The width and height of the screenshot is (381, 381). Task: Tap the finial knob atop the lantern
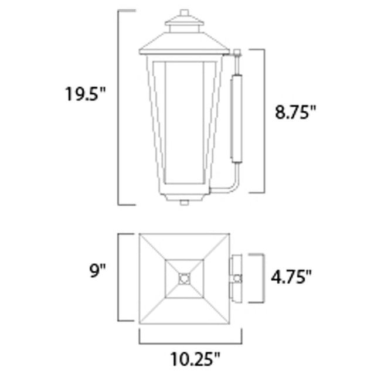pyautogui.click(x=184, y=12)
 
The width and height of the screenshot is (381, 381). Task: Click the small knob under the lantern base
pyautogui.click(x=184, y=203)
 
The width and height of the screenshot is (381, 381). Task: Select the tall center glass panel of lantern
pyautogui.click(x=184, y=123)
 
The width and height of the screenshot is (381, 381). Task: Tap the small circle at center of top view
pyautogui.click(x=184, y=278)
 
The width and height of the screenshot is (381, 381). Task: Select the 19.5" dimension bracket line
pyautogui.click(x=120, y=108)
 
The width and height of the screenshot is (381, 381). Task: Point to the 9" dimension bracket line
pyautogui.click(x=120, y=277)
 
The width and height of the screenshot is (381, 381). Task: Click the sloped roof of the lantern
pyautogui.click(x=184, y=44)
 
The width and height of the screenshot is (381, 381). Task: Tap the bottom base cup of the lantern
pyautogui.click(x=184, y=196)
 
